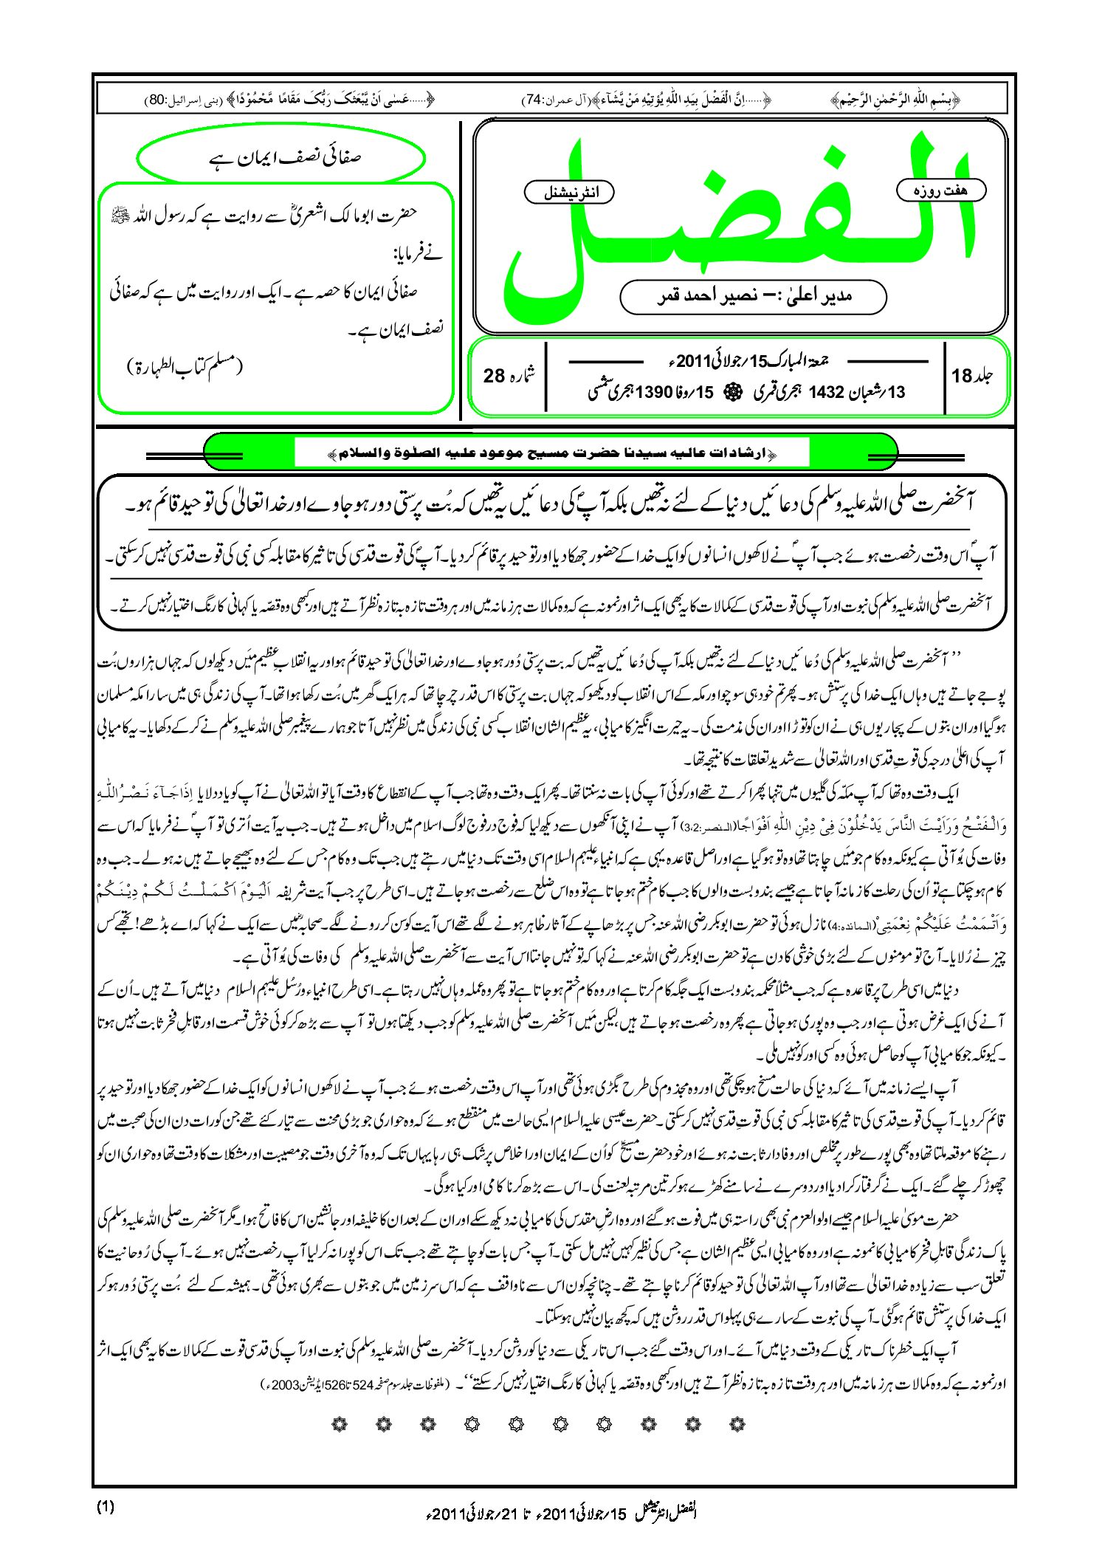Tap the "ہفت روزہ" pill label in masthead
[940, 190]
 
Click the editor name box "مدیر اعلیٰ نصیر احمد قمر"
[753, 297]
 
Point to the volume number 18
[962, 376]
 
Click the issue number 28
[494, 376]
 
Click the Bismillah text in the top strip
[895, 99]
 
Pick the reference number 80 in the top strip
[157, 99]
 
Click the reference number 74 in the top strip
[533, 99]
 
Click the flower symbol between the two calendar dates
[733, 392]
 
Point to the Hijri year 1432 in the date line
[826, 392]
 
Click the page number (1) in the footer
[106, 1507]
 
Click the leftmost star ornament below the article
[340, 1423]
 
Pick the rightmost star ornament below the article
[736, 1423]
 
